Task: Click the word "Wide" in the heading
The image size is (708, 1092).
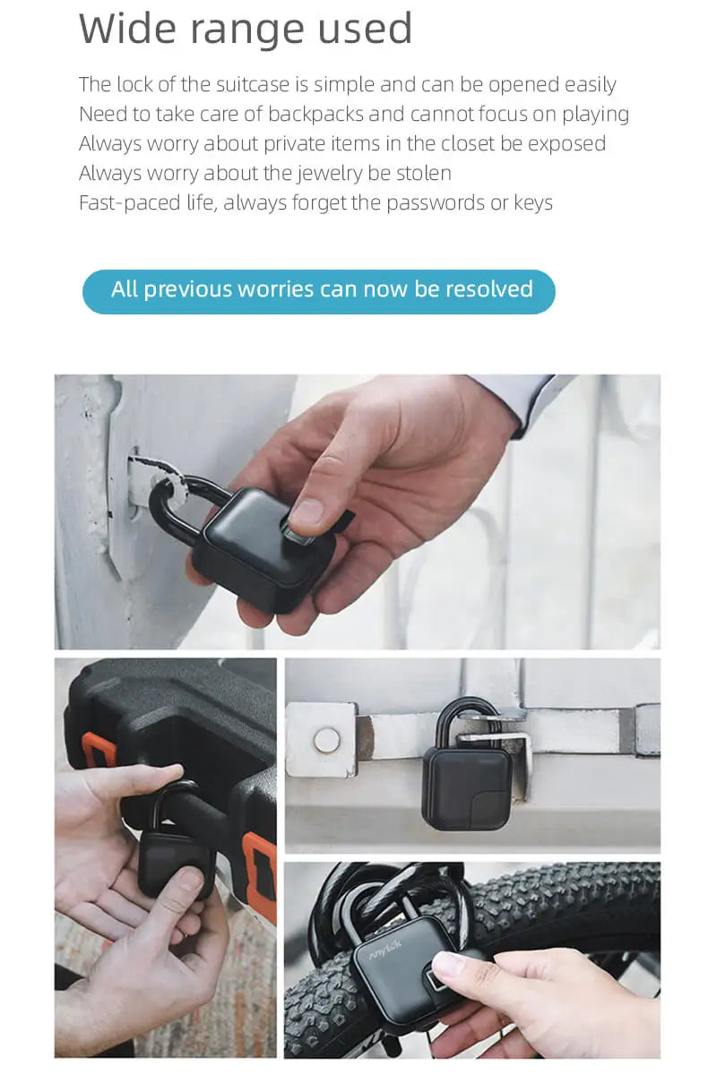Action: [126, 29]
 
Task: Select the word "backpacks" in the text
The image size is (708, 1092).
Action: [315, 115]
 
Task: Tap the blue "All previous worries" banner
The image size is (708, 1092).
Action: [319, 291]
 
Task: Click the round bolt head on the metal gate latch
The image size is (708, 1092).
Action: [326, 740]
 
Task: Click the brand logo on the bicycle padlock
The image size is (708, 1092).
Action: [384, 950]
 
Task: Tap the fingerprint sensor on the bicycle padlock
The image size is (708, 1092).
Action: [437, 981]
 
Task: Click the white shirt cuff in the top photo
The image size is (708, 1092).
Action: [527, 398]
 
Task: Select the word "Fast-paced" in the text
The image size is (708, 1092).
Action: [129, 203]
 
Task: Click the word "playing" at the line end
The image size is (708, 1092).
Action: [595, 115]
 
